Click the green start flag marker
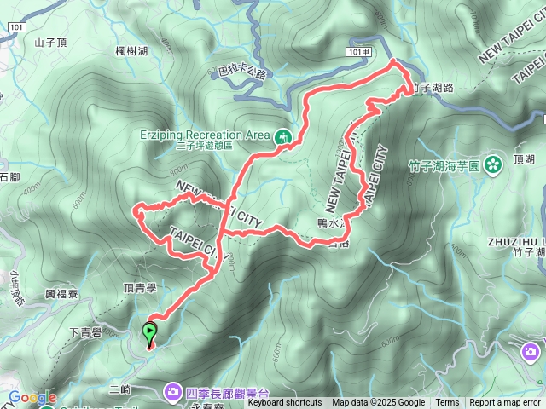click(x=150, y=331)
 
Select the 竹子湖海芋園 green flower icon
click(x=492, y=164)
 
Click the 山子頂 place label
click(x=50, y=41)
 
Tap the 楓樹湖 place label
click(x=131, y=51)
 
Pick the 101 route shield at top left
click(x=18, y=27)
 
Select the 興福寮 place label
click(x=62, y=293)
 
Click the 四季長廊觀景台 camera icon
click(x=172, y=392)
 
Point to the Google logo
click(x=32, y=397)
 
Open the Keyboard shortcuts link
click(x=285, y=403)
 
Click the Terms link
click(x=447, y=403)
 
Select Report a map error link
click(x=506, y=403)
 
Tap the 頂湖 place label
click(x=524, y=159)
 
